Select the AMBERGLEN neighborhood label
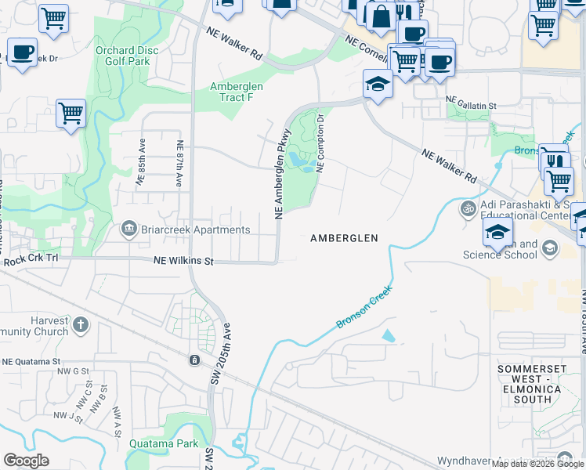pyautogui.click(x=344, y=238)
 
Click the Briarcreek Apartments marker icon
pyautogui.click(x=128, y=230)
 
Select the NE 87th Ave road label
pyautogui.click(x=179, y=163)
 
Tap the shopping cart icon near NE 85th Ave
pyautogui.click(x=71, y=112)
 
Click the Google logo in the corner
pyautogui.click(x=26, y=461)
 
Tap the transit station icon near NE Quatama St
pyautogui.click(x=193, y=360)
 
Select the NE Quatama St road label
pyautogui.click(x=31, y=361)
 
